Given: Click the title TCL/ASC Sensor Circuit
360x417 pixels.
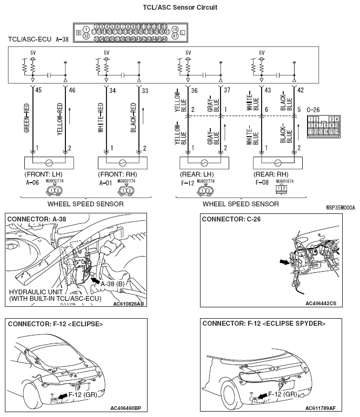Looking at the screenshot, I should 179,7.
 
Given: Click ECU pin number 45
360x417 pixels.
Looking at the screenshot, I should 38,90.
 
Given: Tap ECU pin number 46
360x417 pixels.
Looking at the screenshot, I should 72,90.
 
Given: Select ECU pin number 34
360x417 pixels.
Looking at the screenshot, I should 112,90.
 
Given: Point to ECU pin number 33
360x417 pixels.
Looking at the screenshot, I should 145,90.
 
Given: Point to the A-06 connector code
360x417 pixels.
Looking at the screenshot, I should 32,183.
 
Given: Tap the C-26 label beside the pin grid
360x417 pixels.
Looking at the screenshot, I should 313,110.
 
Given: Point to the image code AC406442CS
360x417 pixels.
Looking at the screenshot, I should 321,304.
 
